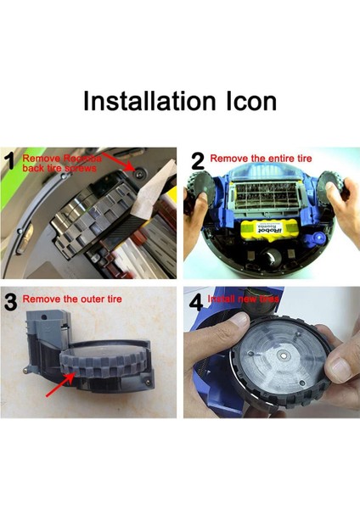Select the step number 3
click(11, 303)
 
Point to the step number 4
click(194, 303)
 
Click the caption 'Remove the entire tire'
click(259, 157)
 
